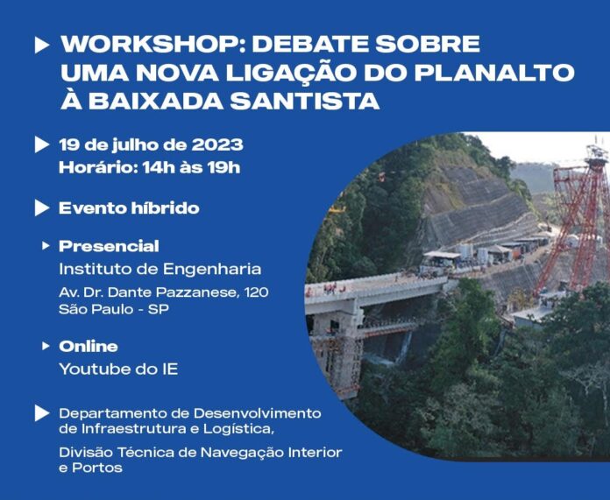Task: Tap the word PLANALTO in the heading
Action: [x=494, y=73]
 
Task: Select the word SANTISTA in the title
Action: [x=305, y=101]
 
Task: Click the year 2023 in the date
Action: [x=217, y=144]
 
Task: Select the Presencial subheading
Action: [x=109, y=246]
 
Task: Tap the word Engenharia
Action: [x=212, y=270]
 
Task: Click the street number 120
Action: [x=257, y=292]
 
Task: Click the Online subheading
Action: [x=89, y=346]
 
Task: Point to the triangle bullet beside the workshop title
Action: [x=42, y=46]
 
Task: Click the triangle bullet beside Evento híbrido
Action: [x=42, y=208]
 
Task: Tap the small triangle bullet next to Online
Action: [x=46, y=346]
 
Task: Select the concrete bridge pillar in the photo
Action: [x=337, y=350]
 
